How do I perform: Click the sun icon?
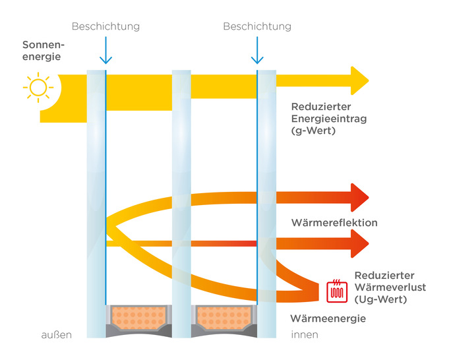(x=38, y=87)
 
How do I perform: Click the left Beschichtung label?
(x=105, y=26)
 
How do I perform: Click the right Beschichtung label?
(x=256, y=26)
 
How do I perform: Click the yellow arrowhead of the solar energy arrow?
(x=359, y=80)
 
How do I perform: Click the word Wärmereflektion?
(x=334, y=223)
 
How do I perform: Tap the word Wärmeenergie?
(x=328, y=318)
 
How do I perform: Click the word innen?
(x=305, y=335)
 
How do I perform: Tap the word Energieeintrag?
(x=329, y=119)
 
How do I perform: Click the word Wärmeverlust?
(x=389, y=287)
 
